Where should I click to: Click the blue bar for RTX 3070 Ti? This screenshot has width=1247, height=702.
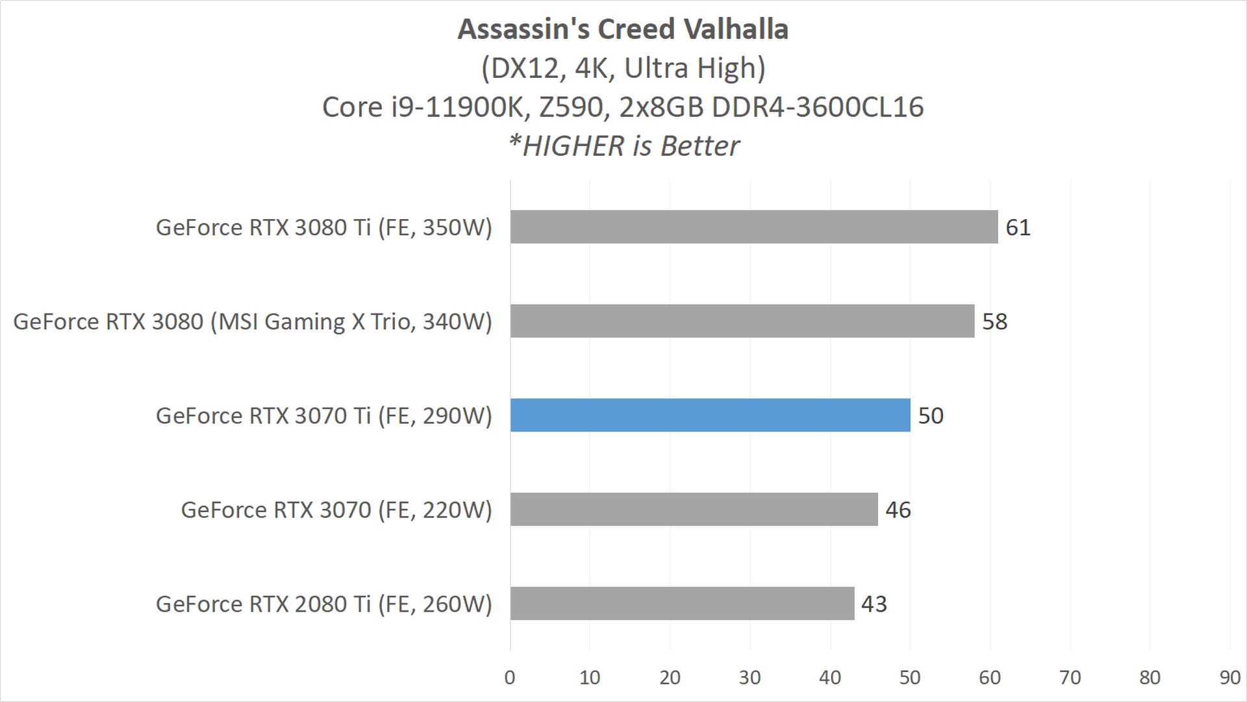tap(710, 415)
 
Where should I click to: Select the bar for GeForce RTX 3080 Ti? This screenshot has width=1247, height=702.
tap(753, 227)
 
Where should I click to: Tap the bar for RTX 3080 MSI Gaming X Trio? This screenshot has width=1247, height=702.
tap(742, 321)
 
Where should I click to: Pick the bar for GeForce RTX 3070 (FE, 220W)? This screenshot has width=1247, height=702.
tap(694, 510)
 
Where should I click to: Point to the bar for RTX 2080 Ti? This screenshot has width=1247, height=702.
tap(682, 604)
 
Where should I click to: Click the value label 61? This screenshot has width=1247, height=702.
tap(1018, 227)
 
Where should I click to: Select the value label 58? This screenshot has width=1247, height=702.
tap(994, 322)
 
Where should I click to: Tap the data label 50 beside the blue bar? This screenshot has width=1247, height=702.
tap(930, 416)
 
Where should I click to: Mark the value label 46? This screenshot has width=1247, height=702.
tap(898, 510)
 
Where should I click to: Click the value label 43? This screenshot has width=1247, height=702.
tap(874, 604)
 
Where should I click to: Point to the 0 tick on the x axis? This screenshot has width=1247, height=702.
tap(510, 677)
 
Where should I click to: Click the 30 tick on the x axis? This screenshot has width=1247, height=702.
tap(749, 677)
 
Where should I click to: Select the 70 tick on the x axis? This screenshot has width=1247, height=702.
tap(1070, 677)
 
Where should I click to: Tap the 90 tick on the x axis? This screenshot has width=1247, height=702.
tap(1229, 677)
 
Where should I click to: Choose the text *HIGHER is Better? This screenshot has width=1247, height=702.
tap(623, 146)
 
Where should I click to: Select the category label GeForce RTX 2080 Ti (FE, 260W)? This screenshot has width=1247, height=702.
tap(324, 604)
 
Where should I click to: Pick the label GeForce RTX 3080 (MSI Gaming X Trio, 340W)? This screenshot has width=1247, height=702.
tap(253, 322)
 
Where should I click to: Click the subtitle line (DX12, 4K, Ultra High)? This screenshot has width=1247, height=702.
tap(623, 68)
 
